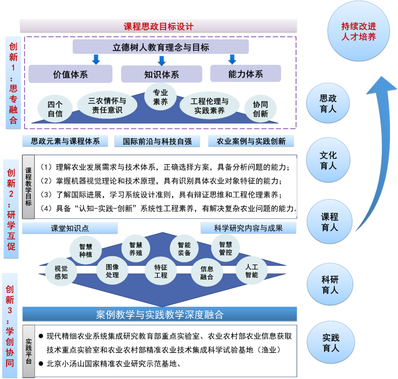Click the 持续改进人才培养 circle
(x=358, y=31)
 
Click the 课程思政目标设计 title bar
(x=158, y=26)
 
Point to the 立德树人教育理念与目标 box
(x=161, y=47)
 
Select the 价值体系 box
(x=70, y=74)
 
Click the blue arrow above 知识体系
(x=161, y=60)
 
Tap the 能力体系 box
(x=245, y=74)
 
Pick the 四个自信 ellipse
(x=55, y=109)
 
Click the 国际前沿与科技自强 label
(x=157, y=141)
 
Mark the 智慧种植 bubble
(x=85, y=250)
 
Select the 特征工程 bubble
(x=161, y=271)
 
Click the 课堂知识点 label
(x=70, y=228)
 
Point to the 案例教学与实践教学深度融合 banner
(x=160, y=315)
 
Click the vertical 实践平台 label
(x=28, y=351)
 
